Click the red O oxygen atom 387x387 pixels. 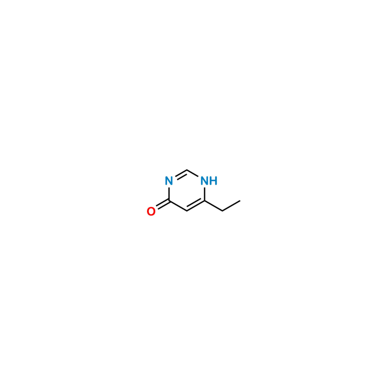click(x=151, y=211)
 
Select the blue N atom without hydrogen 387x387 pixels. click(x=168, y=181)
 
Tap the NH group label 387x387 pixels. click(x=208, y=181)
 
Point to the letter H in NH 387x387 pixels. click(x=214, y=181)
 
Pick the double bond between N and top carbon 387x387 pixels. click(x=178, y=176)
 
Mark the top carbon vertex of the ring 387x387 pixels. click(x=187, y=170)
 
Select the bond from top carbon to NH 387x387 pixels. click(x=195, y=175)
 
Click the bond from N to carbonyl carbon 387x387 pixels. click(x=168, y=193)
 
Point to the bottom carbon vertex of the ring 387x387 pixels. click(x=187, y=211)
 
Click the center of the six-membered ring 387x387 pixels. click(x=187, y=191)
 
